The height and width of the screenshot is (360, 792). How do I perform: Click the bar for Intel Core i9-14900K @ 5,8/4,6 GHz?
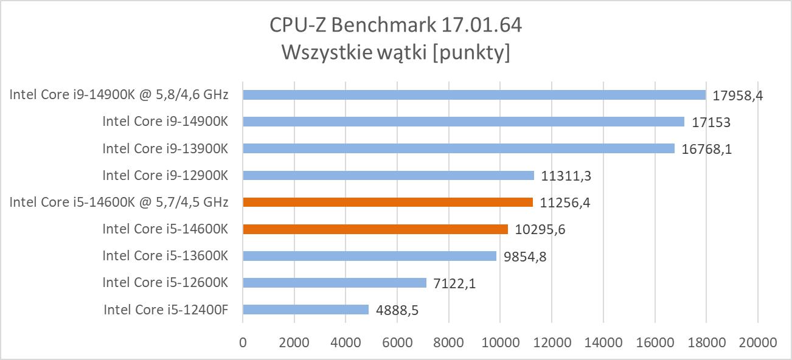click(474, 95)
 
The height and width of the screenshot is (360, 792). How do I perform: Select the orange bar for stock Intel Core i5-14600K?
click(375, 229)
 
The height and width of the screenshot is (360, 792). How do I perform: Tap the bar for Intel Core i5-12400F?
click(305, 310)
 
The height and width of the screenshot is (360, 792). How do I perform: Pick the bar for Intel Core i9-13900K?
click(458, 148)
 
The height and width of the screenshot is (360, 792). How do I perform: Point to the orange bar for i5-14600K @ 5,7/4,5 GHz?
click(387, 202)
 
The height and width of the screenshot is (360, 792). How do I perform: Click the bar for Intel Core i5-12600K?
click(335, 283)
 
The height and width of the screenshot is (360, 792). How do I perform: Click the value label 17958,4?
click(738, 95)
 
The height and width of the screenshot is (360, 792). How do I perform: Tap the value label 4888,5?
click(398, 310)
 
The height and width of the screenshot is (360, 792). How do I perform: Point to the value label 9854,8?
click(525, 257)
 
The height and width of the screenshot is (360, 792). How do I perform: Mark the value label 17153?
click(711, 122)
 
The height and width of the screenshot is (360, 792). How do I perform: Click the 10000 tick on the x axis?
click(500, 342)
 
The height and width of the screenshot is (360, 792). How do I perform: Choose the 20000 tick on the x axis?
click(757, 342)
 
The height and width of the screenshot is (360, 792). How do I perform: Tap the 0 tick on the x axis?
click(243, 342)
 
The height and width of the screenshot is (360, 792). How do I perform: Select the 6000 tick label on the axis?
click(397, 342)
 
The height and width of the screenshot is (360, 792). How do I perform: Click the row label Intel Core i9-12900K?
click(165, 175)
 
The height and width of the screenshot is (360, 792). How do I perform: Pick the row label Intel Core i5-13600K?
click(165, 256)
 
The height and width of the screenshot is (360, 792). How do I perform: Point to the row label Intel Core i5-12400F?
click(165, 310)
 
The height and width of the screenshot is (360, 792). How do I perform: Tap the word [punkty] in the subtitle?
click(474, 54)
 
